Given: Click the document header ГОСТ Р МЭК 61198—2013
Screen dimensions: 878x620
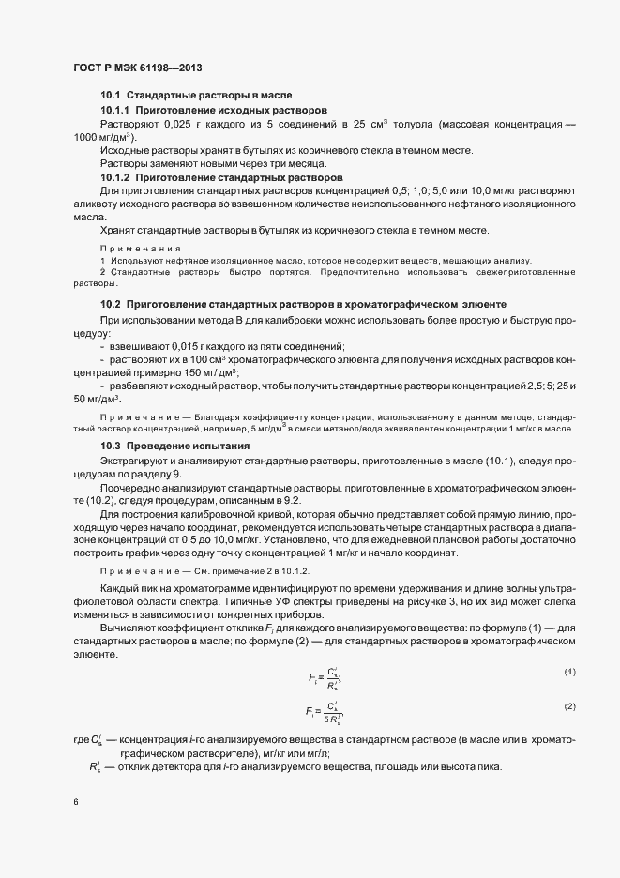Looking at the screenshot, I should pos(137,68).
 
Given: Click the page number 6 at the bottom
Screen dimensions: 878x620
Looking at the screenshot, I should pos(75,802).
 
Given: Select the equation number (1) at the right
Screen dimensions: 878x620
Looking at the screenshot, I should pos(569,671).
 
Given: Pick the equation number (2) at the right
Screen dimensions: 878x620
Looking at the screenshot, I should pos(569,704).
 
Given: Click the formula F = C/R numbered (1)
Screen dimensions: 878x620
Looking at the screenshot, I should pos(325,676).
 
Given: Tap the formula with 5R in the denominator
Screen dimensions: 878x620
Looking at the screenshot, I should pos(324,711).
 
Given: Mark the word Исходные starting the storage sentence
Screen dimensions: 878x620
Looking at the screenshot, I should pos(124,151).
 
